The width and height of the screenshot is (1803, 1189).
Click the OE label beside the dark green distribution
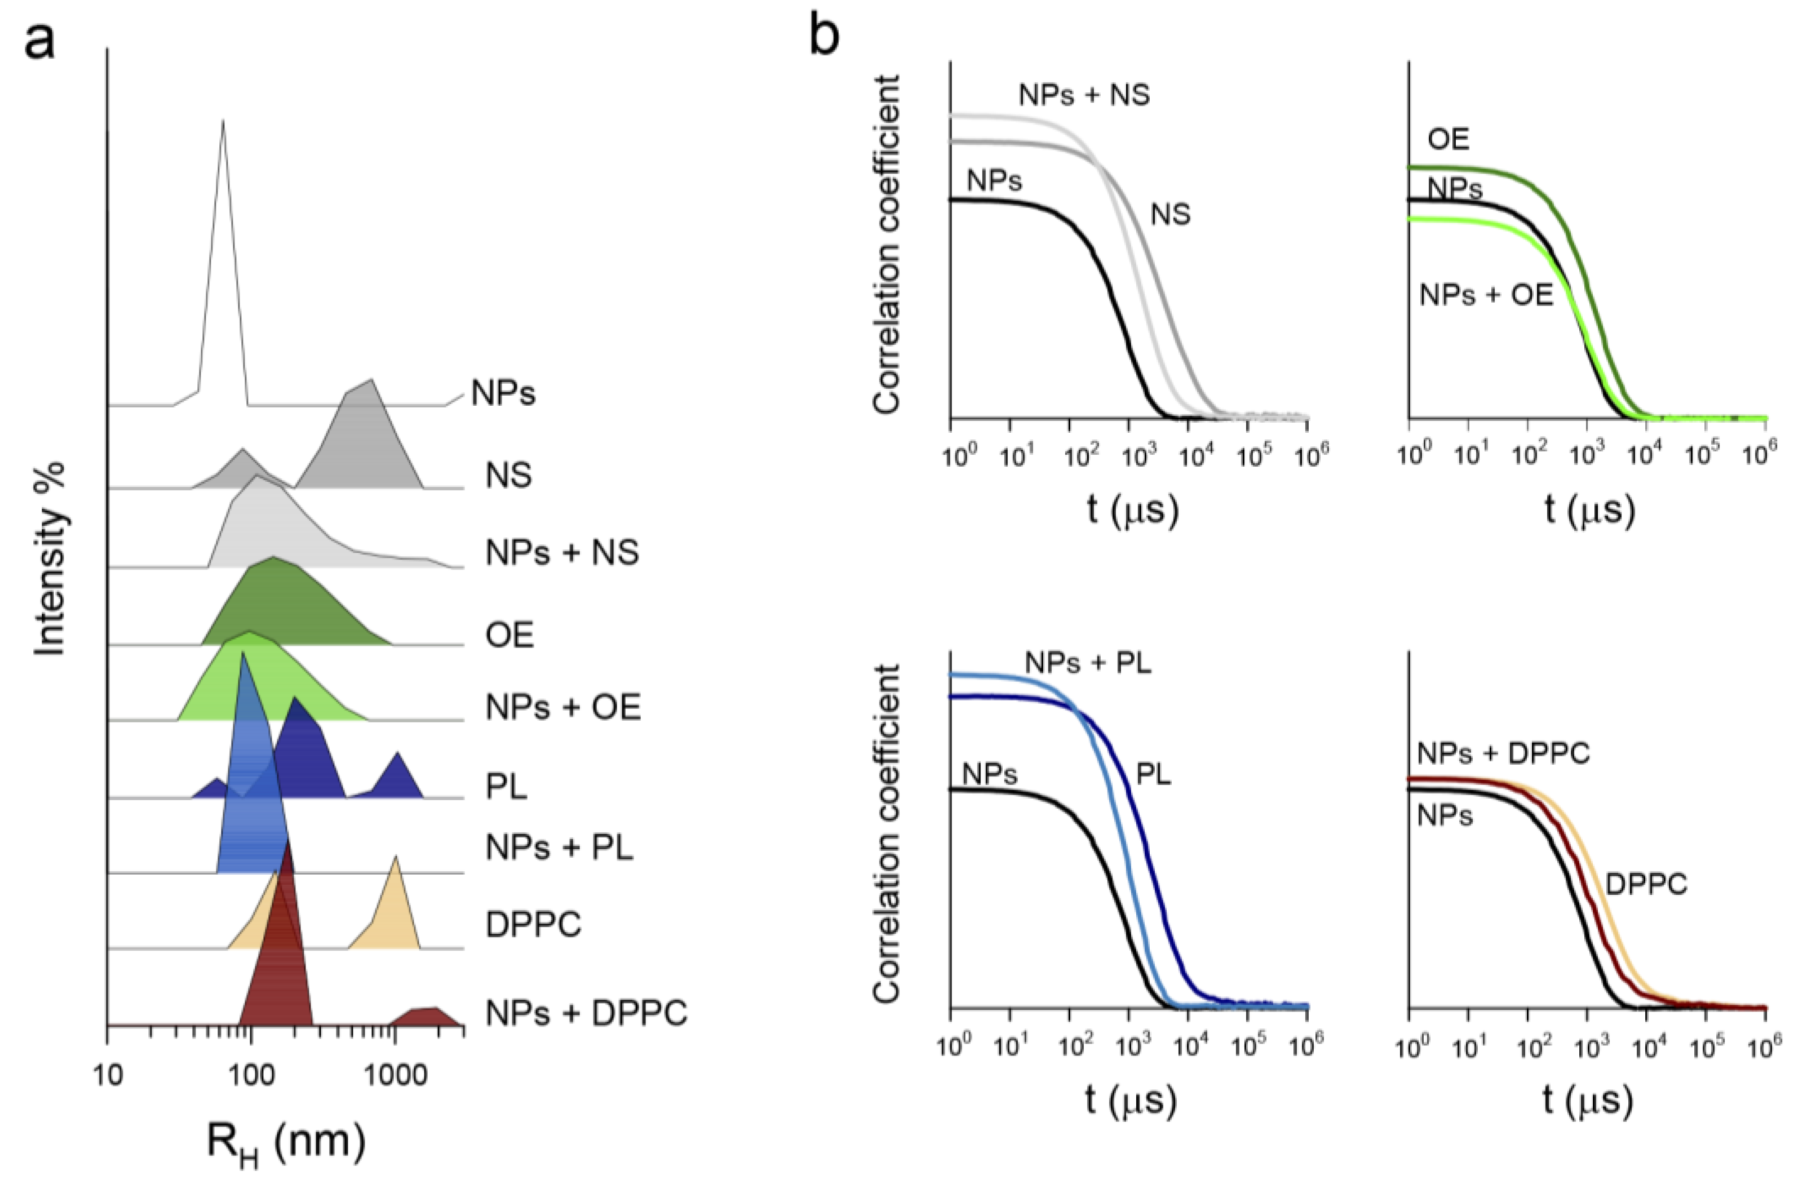(510, 634)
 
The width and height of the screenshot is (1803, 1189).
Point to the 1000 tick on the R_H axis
(393, 1054)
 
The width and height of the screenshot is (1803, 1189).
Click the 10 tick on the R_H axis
(108, 1054)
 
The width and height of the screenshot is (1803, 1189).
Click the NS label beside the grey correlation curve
(1170, 215)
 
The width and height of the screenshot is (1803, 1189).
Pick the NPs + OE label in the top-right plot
(1486, 294)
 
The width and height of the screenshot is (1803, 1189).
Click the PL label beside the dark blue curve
(1153, 774)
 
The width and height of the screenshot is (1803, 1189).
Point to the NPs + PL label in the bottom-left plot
(1087, 663)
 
